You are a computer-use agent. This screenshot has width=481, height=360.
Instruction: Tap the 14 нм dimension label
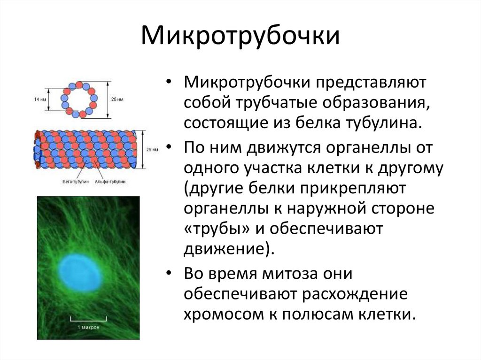pyautogui.click(x=40, y=99)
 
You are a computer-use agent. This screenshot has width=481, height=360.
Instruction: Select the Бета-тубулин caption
pyautogui.click(x=75, y=181)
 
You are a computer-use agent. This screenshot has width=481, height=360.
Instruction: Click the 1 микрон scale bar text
pyautogui.click(x=88, y=327)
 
